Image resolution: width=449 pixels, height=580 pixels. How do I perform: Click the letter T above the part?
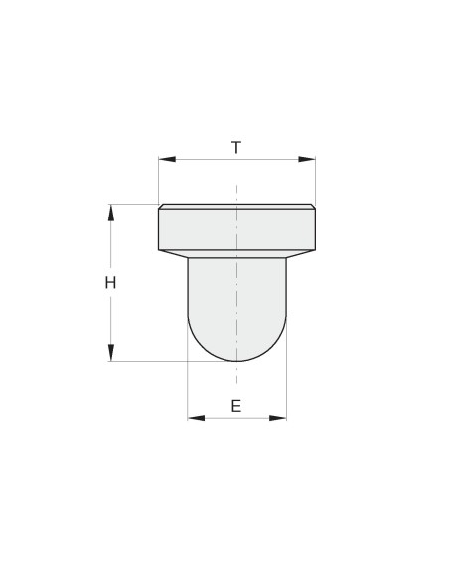[x=236, y=148]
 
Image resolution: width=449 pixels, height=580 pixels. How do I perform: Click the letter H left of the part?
[x=111, y=282]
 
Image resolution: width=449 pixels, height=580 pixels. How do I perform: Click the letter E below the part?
[x=235, y=405]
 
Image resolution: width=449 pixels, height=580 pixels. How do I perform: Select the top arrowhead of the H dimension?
[x=111, y=211]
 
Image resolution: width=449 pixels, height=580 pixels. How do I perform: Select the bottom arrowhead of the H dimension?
[x=111, y=353]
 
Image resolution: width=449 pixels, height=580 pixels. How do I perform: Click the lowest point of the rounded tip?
[x=236, y=360]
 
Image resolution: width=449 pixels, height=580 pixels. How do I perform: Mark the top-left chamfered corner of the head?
[x=160, y=206]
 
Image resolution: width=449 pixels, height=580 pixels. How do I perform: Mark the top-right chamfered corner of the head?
[x=313, y=206]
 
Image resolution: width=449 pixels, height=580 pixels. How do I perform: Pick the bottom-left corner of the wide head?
[x=159, y=250]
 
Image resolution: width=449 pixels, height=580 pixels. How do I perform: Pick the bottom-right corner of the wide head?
[x=315, y=250]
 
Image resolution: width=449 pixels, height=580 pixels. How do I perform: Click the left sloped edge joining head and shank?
[x=174, y=254]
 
